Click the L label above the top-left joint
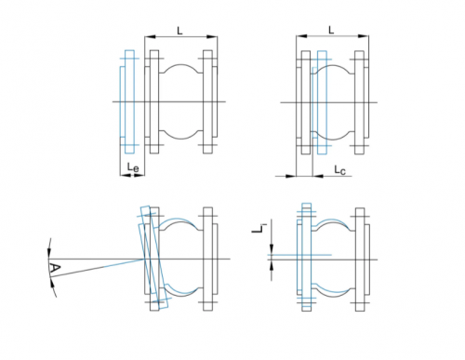[x=179, y=31]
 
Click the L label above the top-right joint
[x=331, y=30]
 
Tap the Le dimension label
[x=133, y=167]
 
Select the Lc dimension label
[x=339, y=170]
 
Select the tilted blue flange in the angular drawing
[x=154, y=258]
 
